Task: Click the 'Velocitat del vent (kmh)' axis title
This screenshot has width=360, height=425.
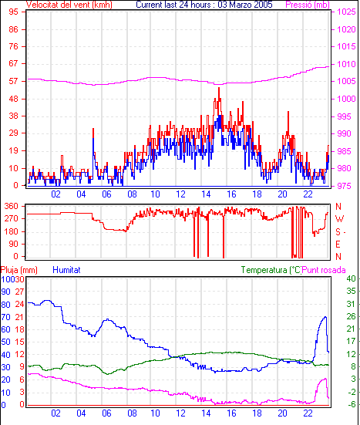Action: (x=69, y=5)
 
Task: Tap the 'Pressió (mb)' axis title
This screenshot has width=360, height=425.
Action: (x=308, y=5)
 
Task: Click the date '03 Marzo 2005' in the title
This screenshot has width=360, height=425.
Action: (x=245, y=5)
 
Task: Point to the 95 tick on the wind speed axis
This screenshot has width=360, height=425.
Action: (x=14, y=12)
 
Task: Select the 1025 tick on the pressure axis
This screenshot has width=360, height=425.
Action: (x=346, y=12)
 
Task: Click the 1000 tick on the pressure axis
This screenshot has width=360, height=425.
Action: (x=346, y=99)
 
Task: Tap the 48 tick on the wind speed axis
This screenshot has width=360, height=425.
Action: (x=14, y=99)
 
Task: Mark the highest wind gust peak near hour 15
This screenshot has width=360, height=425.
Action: (x=219, y=88)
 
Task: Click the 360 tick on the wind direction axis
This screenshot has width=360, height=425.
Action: (x=12, y=206)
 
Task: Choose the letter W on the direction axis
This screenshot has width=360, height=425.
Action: (x=339, y=219)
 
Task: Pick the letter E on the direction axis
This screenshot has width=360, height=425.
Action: (x=338, y=245)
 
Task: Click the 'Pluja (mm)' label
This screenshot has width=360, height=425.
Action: (x=19, y=270)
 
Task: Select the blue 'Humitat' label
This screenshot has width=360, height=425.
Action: (x=66, y=270)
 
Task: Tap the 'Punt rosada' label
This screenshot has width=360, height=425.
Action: (x=324, y=270)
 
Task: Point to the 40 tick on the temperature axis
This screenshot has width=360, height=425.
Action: (x=351, y=278)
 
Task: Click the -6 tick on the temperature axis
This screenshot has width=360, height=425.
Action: (x=352, y=404)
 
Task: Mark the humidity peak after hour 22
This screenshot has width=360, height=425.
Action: (x=325, y=317)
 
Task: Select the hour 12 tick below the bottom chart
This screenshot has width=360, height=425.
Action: (x=180, y=413)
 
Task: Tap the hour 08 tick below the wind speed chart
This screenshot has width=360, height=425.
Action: (x=132, y=194)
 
